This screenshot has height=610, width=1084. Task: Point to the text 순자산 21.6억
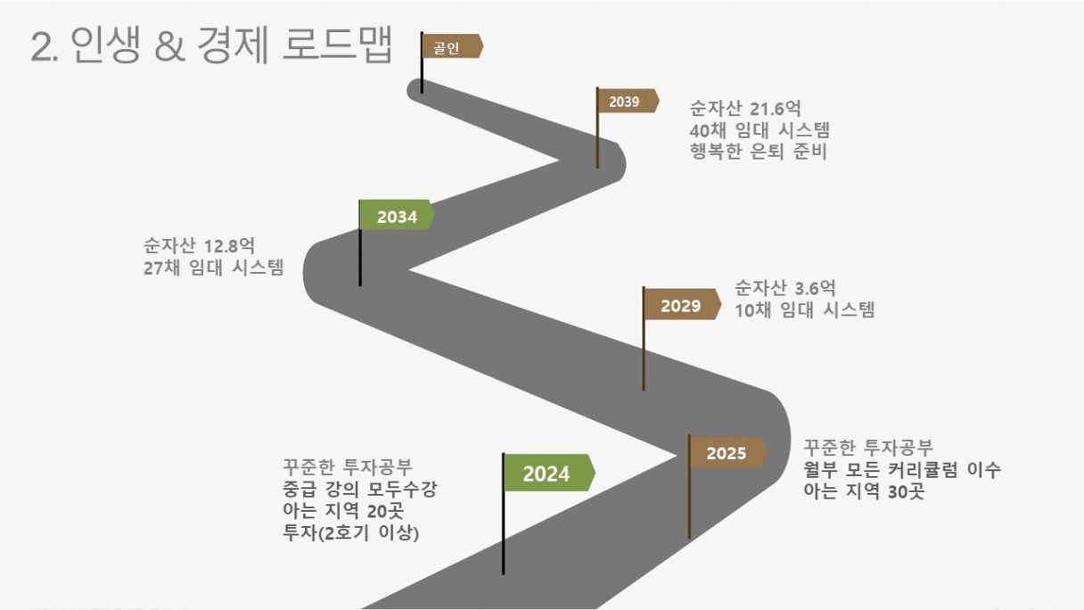[745, 108]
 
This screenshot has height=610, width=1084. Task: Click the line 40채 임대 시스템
[760, 129]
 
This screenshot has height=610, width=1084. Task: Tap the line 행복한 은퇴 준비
[759, 151]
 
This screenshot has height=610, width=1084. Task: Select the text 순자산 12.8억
[200, 245]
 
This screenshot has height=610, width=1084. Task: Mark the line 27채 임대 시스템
[213, 268]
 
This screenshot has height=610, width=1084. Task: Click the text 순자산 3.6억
[785, 288]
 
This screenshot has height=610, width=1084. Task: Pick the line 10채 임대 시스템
[805, 309]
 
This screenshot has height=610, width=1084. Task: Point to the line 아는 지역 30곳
[865, 491]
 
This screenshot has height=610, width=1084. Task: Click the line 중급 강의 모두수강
[359, 490]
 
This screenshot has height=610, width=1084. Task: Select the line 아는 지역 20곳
[343, 511]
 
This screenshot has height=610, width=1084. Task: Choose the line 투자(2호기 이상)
[351, 533]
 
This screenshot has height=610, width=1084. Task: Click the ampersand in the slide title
[170, 47]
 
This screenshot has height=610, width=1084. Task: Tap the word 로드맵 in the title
[338, 45]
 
